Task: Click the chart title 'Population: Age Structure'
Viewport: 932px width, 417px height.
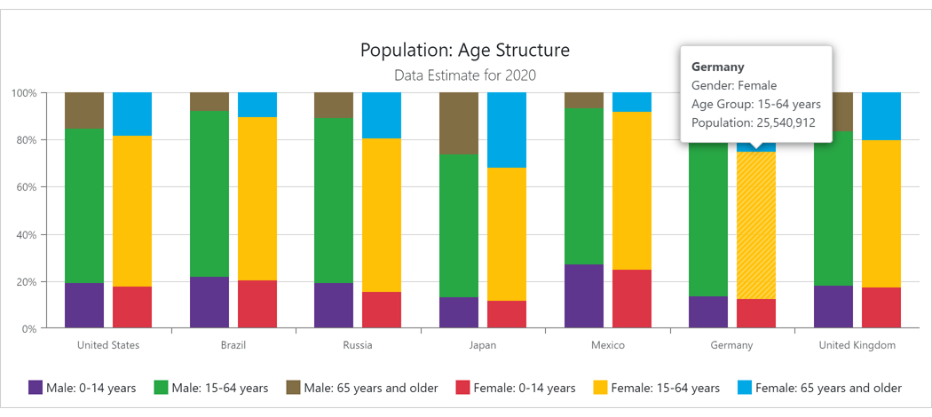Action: click(465, 50)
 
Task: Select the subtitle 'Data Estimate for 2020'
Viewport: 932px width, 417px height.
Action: click(465, 75)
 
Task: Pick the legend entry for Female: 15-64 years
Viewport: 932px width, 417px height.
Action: click(656, 388)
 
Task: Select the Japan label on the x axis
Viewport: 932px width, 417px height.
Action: click(483, 345)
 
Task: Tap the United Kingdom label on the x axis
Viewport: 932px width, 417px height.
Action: click(857, 345)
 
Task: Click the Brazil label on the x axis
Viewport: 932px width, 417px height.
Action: click(233, 345)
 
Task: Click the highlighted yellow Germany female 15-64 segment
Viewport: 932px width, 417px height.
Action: click(756, 225)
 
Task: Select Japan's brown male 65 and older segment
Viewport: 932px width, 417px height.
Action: click(459, 123)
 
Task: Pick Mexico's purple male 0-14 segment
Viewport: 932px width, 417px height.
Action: click(584, 296)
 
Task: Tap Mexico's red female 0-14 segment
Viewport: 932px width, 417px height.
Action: click(632, 299)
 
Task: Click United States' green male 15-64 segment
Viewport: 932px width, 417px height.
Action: click(84, 206)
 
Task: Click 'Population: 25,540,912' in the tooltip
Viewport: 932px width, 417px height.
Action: click(753, 123)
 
